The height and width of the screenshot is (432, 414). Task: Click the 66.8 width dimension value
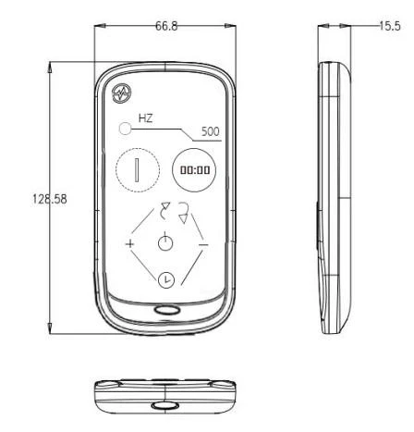166,26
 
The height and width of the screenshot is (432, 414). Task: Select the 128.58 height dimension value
50,199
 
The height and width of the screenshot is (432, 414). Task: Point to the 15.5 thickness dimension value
390,26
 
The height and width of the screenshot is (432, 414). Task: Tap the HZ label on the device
145,118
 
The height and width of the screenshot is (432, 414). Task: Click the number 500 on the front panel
211,131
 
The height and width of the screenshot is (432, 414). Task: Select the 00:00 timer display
195,170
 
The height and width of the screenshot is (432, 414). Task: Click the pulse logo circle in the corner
122,93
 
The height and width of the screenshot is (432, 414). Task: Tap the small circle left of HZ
125,129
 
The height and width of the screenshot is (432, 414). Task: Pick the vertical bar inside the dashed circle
137,170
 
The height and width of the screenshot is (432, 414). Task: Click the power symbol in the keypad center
165,242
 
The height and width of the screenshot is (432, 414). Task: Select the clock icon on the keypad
166,280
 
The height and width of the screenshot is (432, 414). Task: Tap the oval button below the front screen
166,310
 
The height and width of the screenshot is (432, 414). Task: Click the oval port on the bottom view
165,405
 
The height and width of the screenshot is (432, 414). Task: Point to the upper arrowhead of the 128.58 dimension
49,68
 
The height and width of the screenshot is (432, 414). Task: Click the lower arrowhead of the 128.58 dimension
49,328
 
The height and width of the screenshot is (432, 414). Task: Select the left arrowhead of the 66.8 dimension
100,26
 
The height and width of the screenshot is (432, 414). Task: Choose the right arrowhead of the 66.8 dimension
230,26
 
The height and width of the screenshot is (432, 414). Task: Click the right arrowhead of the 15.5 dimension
345,26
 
